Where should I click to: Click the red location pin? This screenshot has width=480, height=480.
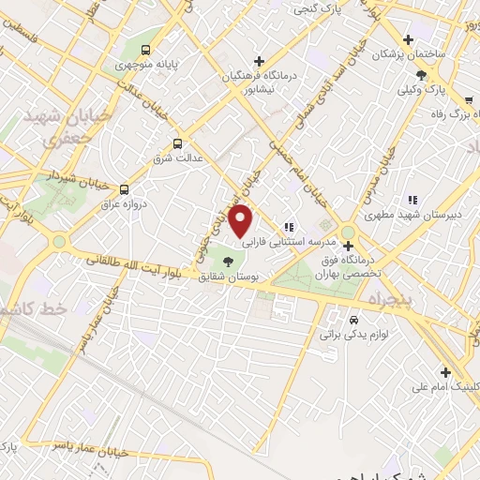point(242,220)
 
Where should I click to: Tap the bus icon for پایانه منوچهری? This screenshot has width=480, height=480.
point(145,50)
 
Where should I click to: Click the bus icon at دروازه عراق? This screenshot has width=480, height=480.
point(125,189)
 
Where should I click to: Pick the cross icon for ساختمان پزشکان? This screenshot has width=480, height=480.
point(408,39)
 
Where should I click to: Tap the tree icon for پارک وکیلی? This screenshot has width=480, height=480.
point(422,75)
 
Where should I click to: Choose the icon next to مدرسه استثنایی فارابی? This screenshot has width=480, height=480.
point(290,226)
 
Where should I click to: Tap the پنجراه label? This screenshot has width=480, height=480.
point(382,299)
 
